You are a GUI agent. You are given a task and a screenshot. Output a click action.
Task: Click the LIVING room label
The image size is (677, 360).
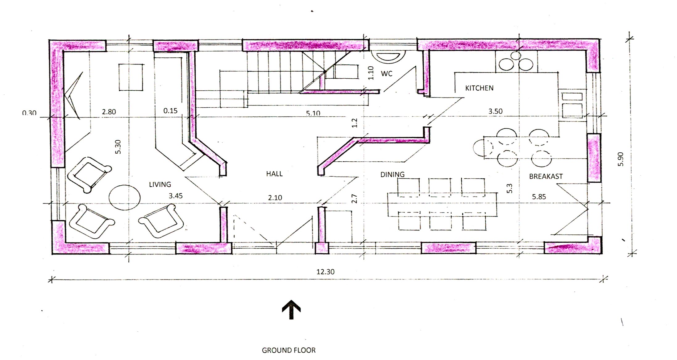(160, 184)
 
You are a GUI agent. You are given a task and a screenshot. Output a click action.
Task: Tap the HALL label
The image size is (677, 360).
(274, 174)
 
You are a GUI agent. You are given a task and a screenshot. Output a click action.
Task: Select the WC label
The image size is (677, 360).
(387, 74)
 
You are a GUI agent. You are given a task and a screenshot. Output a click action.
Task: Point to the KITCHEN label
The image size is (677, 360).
(479, 88)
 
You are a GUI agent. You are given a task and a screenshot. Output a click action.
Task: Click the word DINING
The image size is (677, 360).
(392, 175)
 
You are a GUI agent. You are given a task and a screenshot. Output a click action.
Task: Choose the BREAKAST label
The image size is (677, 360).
(546, 176)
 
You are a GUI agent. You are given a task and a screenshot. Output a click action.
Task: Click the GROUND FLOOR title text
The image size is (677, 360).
(289, 350)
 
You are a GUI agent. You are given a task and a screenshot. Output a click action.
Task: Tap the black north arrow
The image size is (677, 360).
(291, 310)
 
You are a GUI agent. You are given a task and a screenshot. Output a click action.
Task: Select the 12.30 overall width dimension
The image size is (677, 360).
(325, 272)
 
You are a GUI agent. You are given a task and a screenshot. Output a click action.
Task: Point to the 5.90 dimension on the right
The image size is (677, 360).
(621, 159)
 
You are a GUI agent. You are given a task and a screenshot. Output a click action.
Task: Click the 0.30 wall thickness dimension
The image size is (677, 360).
(29, 113)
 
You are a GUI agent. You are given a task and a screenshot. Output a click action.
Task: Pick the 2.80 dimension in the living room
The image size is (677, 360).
(109, 112)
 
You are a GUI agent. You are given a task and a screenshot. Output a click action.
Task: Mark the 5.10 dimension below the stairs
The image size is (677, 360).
(313, 113)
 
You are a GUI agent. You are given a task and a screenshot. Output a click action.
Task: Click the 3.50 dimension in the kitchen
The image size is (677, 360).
(495, 111)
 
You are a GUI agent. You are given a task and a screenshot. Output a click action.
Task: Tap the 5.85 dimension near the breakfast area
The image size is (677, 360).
(539, 197)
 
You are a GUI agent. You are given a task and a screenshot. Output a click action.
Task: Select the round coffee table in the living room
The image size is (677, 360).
(125, 197)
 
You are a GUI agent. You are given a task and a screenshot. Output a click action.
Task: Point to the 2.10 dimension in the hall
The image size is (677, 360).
(275, 198)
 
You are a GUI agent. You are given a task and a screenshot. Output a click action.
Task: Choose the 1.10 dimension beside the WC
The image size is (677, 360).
(371, 73)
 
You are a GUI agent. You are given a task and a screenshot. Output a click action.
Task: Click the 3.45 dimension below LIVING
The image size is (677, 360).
(176, 196)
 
